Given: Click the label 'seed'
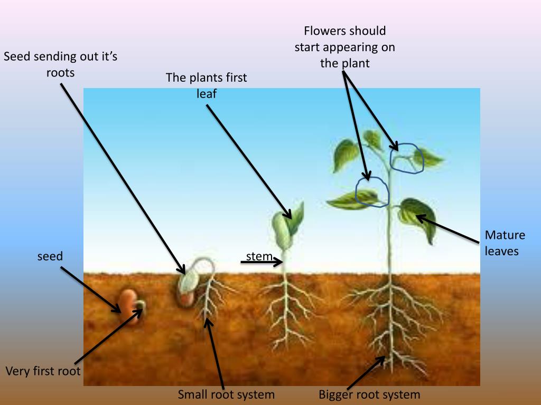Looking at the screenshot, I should click(x=50, y=257).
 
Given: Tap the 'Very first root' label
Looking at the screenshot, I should click(x=43, y=371).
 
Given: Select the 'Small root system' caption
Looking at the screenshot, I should click(x=226, y=394).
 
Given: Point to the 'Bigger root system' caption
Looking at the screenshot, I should click(x=369, y=394).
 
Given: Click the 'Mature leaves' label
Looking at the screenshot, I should click(x=505, y=243).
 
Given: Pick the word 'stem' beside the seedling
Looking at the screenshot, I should click(x=259, y=257).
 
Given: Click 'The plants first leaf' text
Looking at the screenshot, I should click(x=207, y=85).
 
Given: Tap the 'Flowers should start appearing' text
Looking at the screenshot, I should click(x=344, y=47).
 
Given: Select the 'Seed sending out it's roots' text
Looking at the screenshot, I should click(x=60, y=64).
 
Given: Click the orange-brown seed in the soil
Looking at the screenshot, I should click(x=127, y=301).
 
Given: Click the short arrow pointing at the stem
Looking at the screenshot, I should click(x=262, y=262).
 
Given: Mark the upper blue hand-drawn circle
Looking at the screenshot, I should click(x=407, y=157).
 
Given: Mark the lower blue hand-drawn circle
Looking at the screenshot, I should click(x=372, y=191).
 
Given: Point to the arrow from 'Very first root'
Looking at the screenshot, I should click(x=108, y=337).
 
